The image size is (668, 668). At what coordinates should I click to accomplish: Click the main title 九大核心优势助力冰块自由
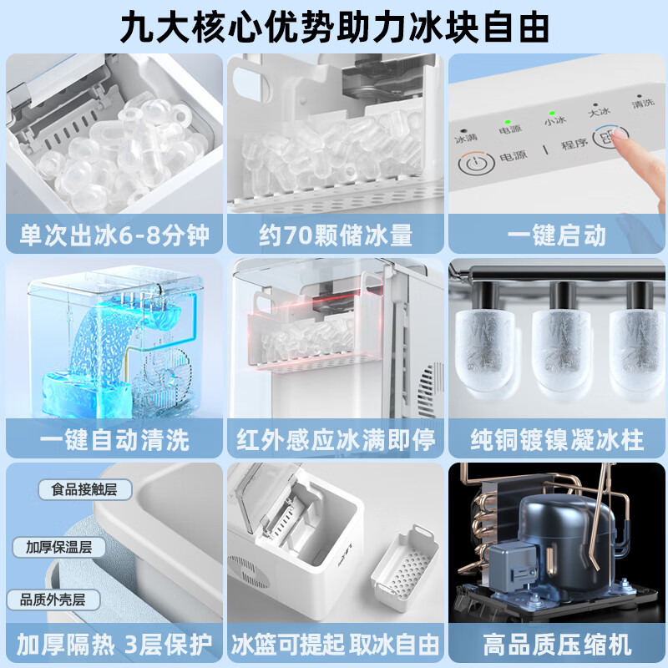click(334, 27)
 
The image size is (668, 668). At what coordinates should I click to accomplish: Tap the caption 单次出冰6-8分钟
click(114, 235)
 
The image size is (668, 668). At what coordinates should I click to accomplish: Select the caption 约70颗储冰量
click(334, 235)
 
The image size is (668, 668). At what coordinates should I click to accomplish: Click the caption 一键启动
click(557, 235)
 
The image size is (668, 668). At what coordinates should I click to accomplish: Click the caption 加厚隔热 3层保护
click(114, 645)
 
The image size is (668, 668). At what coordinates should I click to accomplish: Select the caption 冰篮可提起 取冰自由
click(334, 645)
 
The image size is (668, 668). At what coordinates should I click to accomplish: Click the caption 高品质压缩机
click(557, 645)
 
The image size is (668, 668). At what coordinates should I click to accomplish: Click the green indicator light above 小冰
click(552, 111)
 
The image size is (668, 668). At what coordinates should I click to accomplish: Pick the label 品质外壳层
click(52, 600)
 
